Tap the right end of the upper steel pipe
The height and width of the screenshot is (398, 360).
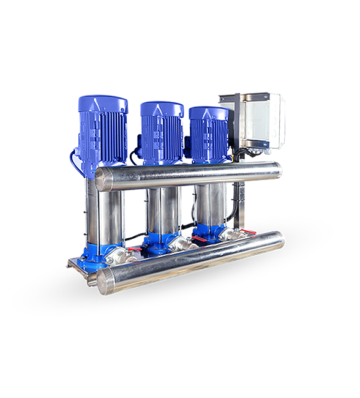tap(278, 169)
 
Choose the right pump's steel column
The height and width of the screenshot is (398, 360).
tap(209, 208)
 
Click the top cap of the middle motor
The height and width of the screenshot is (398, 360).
tap(162, 107)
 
